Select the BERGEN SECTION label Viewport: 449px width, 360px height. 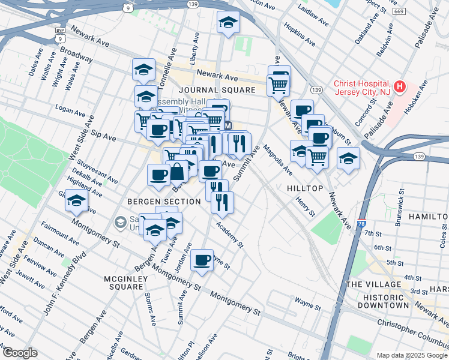pyautogui.click(x=164, y=202)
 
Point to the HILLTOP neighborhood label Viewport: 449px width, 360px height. pyautogui.click(x=305, y=188)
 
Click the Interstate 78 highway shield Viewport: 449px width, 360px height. pyautogui.click(x=361, y=223)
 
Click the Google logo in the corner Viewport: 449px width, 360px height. pyautogui.click(x=20, y=352)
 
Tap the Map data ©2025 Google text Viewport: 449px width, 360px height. pyautogui.click(x=411, y=355)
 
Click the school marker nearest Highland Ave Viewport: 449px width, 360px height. pyautogui.click(x=77, y=200)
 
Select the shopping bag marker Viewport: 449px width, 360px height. pyautogui.click(x=178, y=172)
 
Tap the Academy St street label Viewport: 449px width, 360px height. pyautogui.click(x=230, y=235)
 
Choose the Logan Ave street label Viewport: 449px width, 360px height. pyautogui.click(x=70, y=112)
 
